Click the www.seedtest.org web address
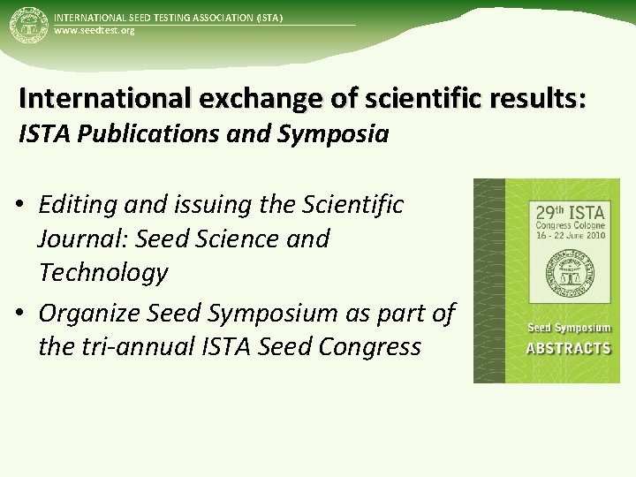click(x=95, y=31)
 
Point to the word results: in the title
click(x=529, y=98)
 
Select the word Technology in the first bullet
click(x=102, y=273)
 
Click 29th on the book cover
click(x=553, y=212)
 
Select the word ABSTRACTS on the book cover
click(x=568, y=347)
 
